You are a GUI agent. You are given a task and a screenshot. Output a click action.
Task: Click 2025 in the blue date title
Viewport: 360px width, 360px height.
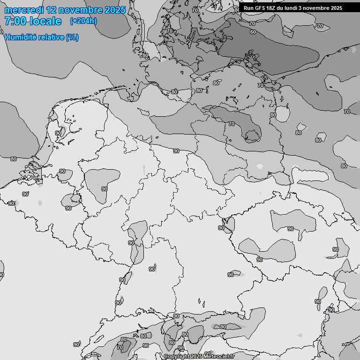(115, 10)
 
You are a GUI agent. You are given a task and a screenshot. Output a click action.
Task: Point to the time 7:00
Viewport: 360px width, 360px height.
(15, 21)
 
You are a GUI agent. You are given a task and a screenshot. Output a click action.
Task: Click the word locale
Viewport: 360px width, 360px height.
(45, 21)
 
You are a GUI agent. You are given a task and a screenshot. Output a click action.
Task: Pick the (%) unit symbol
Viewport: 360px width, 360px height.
(72, 37)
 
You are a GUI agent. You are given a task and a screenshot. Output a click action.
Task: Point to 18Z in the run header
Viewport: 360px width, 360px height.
(273, 8)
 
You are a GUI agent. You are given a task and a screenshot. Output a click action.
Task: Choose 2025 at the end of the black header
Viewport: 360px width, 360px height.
(337, 8)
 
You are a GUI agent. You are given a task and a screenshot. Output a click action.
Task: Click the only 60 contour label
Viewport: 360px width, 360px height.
(253, 32)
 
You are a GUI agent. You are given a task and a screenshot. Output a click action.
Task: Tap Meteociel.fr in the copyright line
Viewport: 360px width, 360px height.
(219, 357)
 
